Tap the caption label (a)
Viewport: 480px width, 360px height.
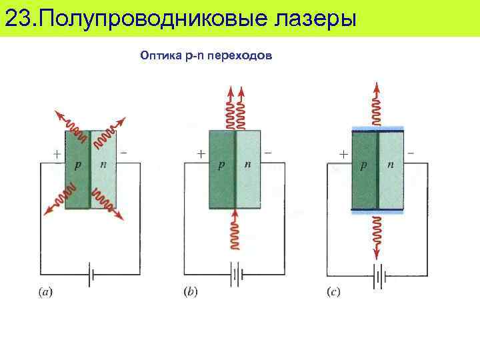pos(44,291)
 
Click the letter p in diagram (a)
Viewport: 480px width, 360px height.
pos(78,165)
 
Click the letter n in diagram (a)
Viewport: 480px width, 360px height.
pos(103,164)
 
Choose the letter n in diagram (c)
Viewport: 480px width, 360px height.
pos(390,164)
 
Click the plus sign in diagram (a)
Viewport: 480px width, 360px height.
pos(56,153)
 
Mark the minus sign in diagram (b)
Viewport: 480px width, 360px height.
pos(268,153)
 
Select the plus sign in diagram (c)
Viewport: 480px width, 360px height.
pos(343,153)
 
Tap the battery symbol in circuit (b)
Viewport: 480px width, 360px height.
pos(235,273)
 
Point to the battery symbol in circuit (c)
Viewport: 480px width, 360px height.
pos(379,273)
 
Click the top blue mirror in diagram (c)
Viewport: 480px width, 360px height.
pos(378,127)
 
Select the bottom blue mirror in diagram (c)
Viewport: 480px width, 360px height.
pos(378,212)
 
